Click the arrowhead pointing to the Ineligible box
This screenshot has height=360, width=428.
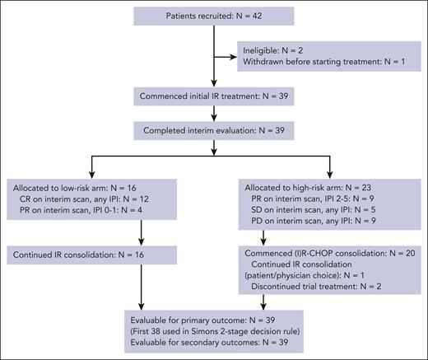point(233,56)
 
